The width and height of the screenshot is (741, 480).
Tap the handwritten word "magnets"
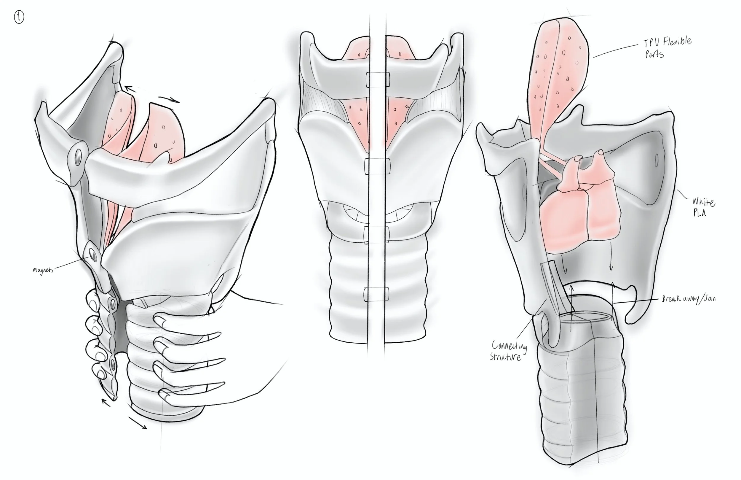pos(43,270)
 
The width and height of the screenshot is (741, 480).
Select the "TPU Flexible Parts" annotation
pos(667,47)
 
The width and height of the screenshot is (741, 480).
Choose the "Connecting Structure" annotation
pos(508,351)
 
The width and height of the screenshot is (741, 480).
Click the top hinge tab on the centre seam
pos(377,80)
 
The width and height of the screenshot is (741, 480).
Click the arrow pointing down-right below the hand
pos(137,423)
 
